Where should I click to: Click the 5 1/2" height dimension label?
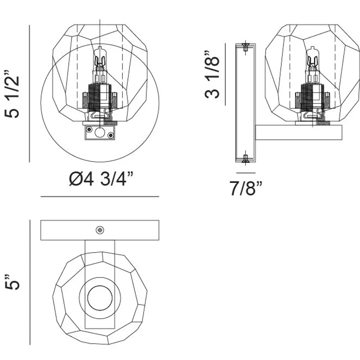[x=12, y=94]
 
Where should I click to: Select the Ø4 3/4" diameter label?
[x=101, y=179]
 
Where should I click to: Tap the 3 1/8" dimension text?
[x=212, y=75]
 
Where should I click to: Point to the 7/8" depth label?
[x=246, y=188]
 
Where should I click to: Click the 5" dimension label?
[x=12, y=282]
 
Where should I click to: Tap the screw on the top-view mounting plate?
[x=100, y=230]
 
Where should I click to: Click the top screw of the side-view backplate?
[x=245, y=47]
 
